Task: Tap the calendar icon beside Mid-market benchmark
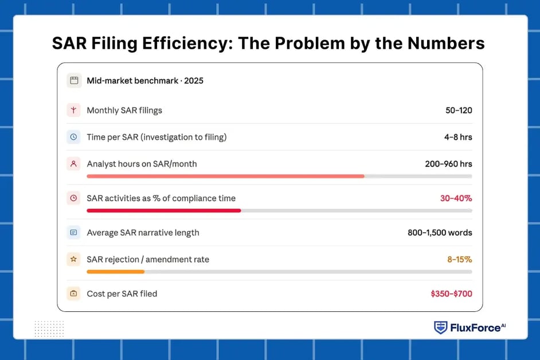[73, 80]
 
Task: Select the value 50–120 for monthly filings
[459, 110]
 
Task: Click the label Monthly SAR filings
[124, 110]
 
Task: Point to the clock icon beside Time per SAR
[73, 137]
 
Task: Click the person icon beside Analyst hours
[73, 164]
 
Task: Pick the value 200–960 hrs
[448, 164]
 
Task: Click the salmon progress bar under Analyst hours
[225, 176]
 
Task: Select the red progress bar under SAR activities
[164, 210]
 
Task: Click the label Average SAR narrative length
[143, 233]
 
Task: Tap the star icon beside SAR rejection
[73, 260]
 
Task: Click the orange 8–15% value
[460, 260]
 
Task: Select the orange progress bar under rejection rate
[116, 272]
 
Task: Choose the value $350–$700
[451, 294]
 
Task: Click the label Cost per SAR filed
[122, 294]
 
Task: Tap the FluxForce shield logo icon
[440, 327]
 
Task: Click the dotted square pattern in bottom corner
[49, 328]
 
